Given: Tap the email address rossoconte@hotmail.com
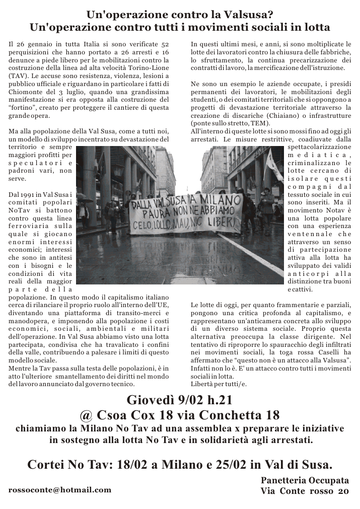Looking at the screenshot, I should [x=60, y=489].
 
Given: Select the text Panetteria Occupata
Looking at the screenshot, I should [x=305, y=480].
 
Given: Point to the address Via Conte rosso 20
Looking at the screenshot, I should [x=305, y=491].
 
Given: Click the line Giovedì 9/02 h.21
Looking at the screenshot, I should [x=180, y=400].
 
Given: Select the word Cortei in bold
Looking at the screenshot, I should [x=46, y=464].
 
